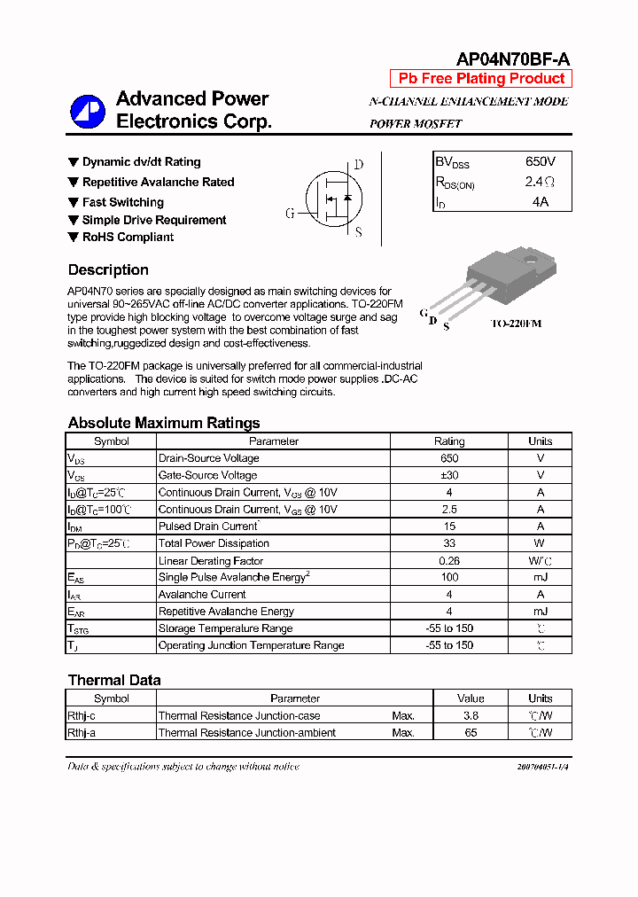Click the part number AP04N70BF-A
tap(512, 59)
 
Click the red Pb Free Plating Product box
tap(480, 79)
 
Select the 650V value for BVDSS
tap(540, 162)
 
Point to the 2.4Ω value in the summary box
tap(540, 183)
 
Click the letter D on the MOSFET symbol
tap(358, 165)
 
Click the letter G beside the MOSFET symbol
tap(290, 214)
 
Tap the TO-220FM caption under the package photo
tap(516, 324)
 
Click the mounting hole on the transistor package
tap(532, 261)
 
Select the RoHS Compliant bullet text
tap(128, 238)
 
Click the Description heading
tap(108, 270)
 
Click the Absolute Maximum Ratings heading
tap(164, 423)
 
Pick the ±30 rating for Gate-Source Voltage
tap(448, 475)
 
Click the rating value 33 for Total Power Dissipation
tap(448, 543)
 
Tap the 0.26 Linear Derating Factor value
tap(448, 560)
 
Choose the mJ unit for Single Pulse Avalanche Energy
tap(540, 577)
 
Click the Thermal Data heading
tap(114, 681)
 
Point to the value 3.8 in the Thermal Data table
tap(471, 715)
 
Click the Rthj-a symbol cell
tap(82, 733)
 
